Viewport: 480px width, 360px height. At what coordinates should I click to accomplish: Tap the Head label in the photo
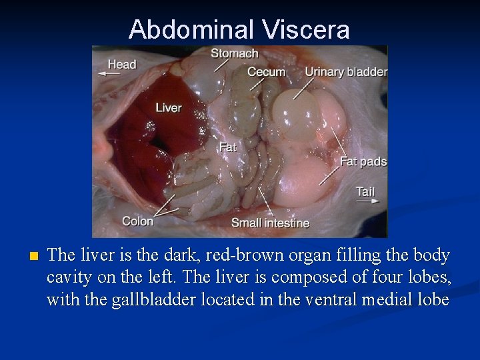122,65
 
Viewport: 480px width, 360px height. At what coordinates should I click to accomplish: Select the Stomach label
235,53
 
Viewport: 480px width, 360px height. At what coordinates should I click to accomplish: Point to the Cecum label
266,72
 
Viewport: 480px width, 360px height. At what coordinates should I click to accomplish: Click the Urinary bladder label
346,72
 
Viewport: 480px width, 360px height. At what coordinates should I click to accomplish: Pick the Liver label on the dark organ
169,107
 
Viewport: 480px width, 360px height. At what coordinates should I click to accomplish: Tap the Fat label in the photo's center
228,147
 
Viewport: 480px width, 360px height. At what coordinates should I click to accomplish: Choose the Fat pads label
363,161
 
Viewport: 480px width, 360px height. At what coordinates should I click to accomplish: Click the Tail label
365,191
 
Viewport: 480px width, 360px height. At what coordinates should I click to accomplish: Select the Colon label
137,221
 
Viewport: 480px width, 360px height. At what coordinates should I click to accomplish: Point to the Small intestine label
270,223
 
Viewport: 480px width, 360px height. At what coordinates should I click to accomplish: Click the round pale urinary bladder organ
296,113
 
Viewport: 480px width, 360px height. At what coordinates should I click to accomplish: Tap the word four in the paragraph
357,277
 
